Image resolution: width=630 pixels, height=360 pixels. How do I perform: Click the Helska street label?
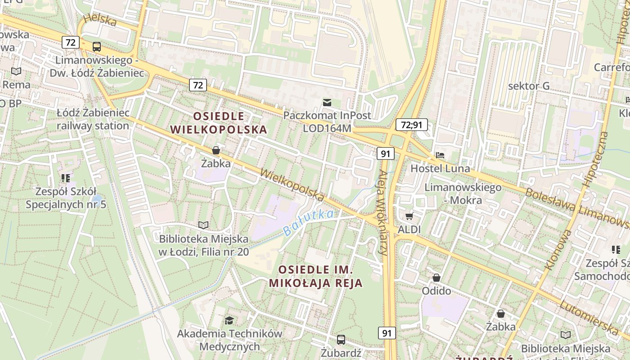(100, 20)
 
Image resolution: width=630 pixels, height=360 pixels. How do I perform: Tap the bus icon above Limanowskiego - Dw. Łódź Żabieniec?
(96, 46)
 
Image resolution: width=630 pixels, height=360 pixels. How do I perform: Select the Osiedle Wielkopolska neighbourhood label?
(219, 123)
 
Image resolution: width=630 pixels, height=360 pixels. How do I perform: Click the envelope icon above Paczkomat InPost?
(327, 103)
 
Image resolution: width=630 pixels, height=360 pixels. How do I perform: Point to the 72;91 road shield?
(411, 125)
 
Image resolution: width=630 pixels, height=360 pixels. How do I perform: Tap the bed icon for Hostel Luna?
(440, 155)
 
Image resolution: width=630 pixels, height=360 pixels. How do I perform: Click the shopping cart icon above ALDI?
(409, 216)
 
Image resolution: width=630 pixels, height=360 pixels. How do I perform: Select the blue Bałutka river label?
(309, 223)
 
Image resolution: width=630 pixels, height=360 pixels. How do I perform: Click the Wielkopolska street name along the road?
(292, 185)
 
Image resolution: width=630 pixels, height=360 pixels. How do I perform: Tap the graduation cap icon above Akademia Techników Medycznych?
(229, 320)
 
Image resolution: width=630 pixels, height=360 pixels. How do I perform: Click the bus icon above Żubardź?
(341, 339)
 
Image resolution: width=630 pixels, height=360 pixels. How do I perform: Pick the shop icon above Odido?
(436, 278)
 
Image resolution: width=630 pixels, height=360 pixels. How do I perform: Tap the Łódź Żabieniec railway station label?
(93, 119)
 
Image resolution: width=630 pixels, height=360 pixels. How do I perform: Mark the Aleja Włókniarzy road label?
(383, 213)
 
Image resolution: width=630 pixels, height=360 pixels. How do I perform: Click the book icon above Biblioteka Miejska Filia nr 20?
(203, 225)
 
